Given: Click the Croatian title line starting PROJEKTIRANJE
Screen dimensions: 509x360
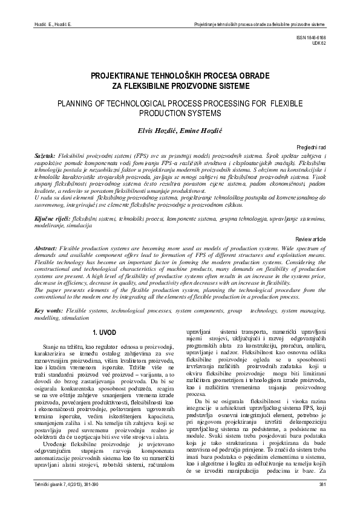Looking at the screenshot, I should [180, 77].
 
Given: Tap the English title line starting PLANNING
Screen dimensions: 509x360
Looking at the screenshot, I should [180, 104].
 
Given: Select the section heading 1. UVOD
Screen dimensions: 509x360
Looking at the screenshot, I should [102, 333].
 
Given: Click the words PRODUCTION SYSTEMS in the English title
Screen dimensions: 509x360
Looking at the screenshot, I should [180, 113].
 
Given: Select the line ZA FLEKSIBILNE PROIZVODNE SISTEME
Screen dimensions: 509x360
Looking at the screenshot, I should [180, 86].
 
